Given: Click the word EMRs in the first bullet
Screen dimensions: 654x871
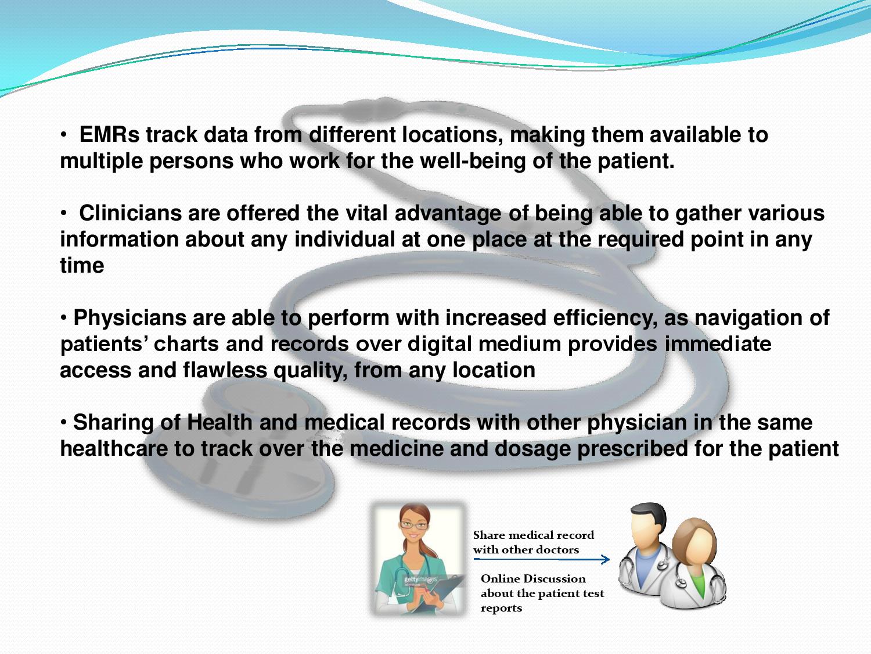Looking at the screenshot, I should [109, 135].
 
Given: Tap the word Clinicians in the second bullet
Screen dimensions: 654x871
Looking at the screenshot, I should [130, 213].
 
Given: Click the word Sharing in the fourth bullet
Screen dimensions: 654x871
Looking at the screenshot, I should [113, 423].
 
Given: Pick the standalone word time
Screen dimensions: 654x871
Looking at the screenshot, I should [82, 266].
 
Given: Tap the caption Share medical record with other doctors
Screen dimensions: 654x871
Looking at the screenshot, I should [532, 542].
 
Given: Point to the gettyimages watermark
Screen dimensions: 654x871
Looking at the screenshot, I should [420, 580].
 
